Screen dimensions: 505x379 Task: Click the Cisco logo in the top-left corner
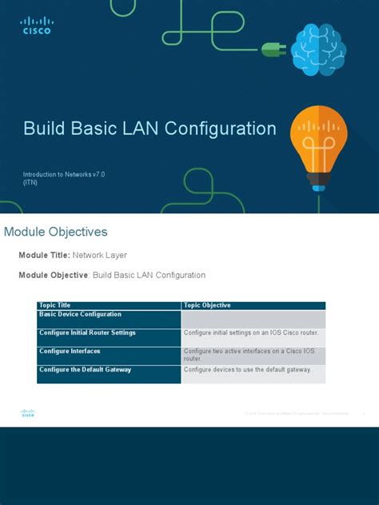(37, 26)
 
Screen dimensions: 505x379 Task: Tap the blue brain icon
(317, 50)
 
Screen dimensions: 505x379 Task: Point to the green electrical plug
(273, 50)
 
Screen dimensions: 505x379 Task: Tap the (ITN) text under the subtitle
(30, 182)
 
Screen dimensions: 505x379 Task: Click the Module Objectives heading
(56, 232)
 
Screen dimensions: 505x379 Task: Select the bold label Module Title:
(45, 255)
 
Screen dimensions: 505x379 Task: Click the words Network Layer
(100, 255)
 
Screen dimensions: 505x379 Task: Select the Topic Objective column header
(207, 305)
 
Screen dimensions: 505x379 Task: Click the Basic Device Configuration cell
(80, 314)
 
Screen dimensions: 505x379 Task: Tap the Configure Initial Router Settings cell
(87, 332)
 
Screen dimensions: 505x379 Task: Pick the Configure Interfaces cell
(70, 351)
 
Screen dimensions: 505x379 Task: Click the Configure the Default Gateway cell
(85, 369)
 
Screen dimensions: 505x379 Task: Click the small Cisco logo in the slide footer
(28, 413)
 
